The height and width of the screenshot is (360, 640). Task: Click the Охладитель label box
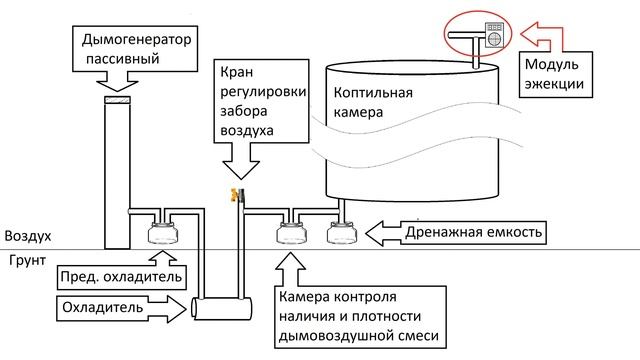coord(107,306)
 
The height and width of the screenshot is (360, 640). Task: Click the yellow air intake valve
coord(234,195)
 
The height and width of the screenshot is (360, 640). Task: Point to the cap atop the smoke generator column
coord(118,99)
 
